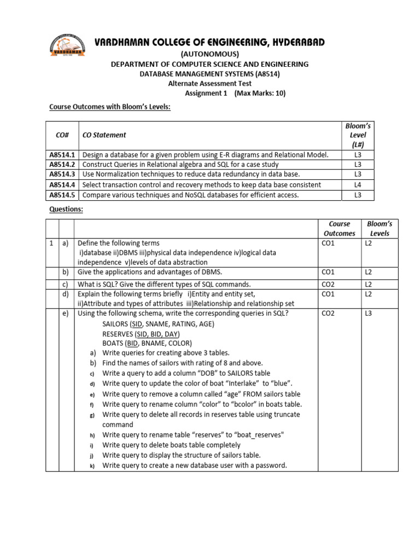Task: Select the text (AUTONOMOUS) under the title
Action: tap(209, 54)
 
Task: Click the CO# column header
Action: tap(62, 135)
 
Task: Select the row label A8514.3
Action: tap(62, 174)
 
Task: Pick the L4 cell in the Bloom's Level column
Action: tap(358, 185)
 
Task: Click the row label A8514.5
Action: tap(62, 195)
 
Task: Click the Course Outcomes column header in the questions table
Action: tap(339, 229)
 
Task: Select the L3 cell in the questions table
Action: tap(369, 313)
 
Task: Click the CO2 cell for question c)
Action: tap(328, 284)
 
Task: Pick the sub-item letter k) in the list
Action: tap(92, 465)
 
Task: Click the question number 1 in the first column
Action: tap(51, 243)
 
